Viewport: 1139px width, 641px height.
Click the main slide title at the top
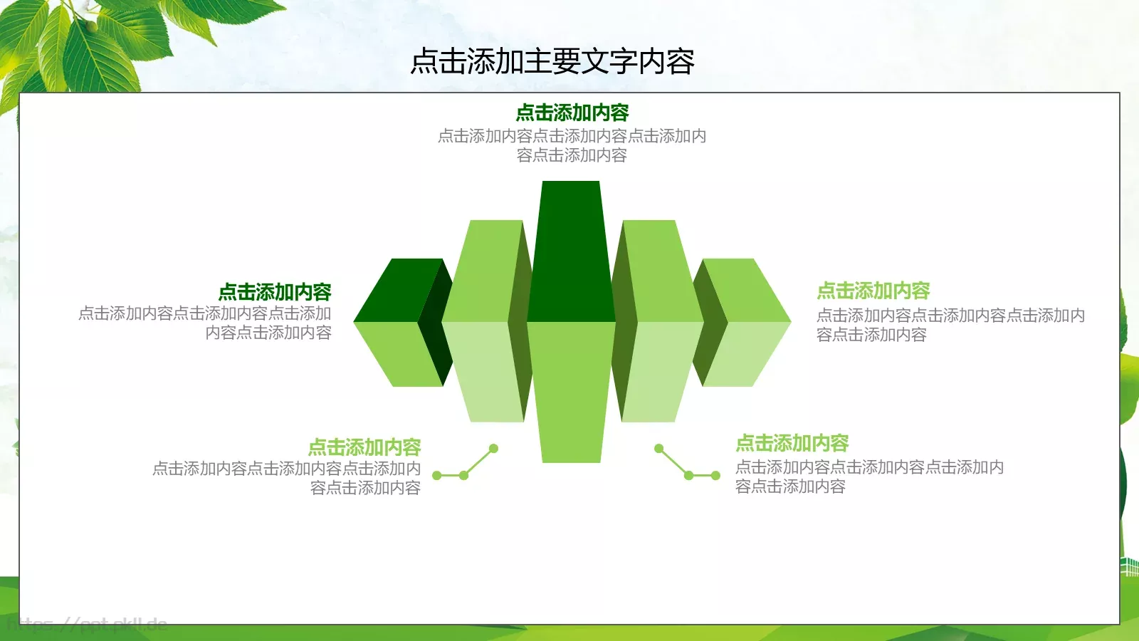(x=552, y=62)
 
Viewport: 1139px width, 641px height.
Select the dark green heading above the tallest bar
(x=572, y=113)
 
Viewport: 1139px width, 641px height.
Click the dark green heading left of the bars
(x=275, y=292)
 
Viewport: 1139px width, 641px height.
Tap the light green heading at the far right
(x=873, y=291)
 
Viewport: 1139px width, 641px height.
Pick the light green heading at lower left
(x=364, y=447)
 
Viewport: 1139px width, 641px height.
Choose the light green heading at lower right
(x=792, y=444)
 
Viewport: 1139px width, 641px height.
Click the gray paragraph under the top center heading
(x=572, y=145)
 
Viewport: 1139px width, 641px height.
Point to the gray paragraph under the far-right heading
(x=950, y=325)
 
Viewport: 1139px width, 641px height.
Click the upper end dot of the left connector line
(x=493, y=449)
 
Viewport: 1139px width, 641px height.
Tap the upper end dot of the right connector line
(x=659, y=449)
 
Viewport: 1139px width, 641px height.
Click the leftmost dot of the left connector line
(x=436, y=475)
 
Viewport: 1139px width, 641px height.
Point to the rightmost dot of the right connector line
(x=716, y=475)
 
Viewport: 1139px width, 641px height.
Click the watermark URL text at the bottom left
(x=85, y=625)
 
